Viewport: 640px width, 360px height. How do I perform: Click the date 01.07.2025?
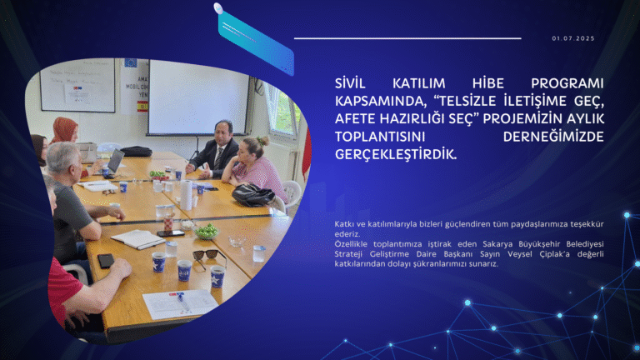[x=573, y=38]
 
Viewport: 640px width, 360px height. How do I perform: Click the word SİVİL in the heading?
[x=350, y=84]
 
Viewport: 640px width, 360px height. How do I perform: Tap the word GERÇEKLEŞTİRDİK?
[x=395, y=154]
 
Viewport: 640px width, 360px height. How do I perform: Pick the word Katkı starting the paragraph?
[x=345, y=225]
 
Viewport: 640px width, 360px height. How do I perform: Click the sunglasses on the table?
[x=208, y=254]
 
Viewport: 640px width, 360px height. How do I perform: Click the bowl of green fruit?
[x=206, y=230]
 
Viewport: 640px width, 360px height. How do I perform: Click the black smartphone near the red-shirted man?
[x=106, y=260]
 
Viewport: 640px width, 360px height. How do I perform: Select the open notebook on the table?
[x=137, y=239]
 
